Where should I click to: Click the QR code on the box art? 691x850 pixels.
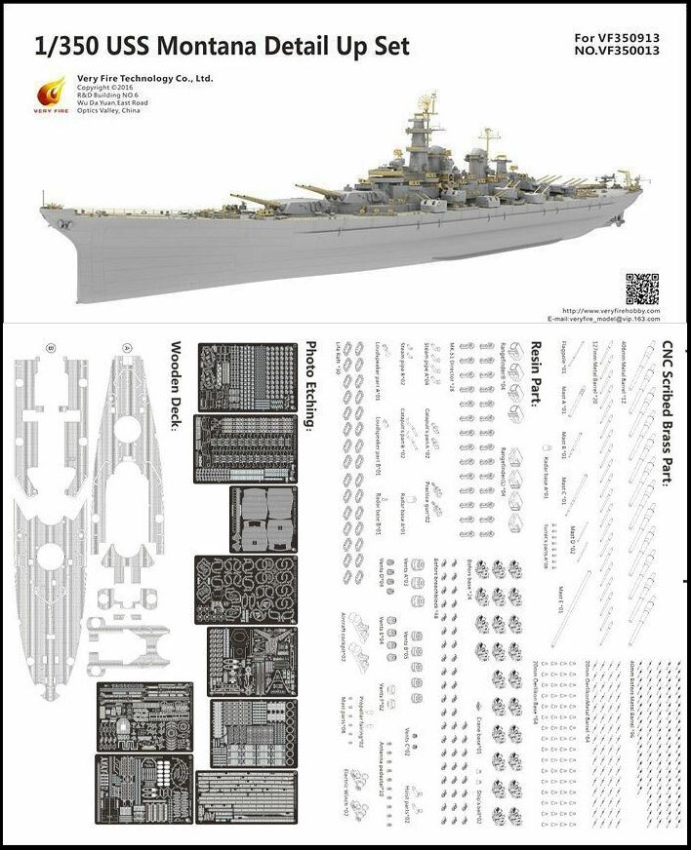tap(641, 290)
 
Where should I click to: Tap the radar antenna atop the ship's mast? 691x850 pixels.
tap(430, 100)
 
